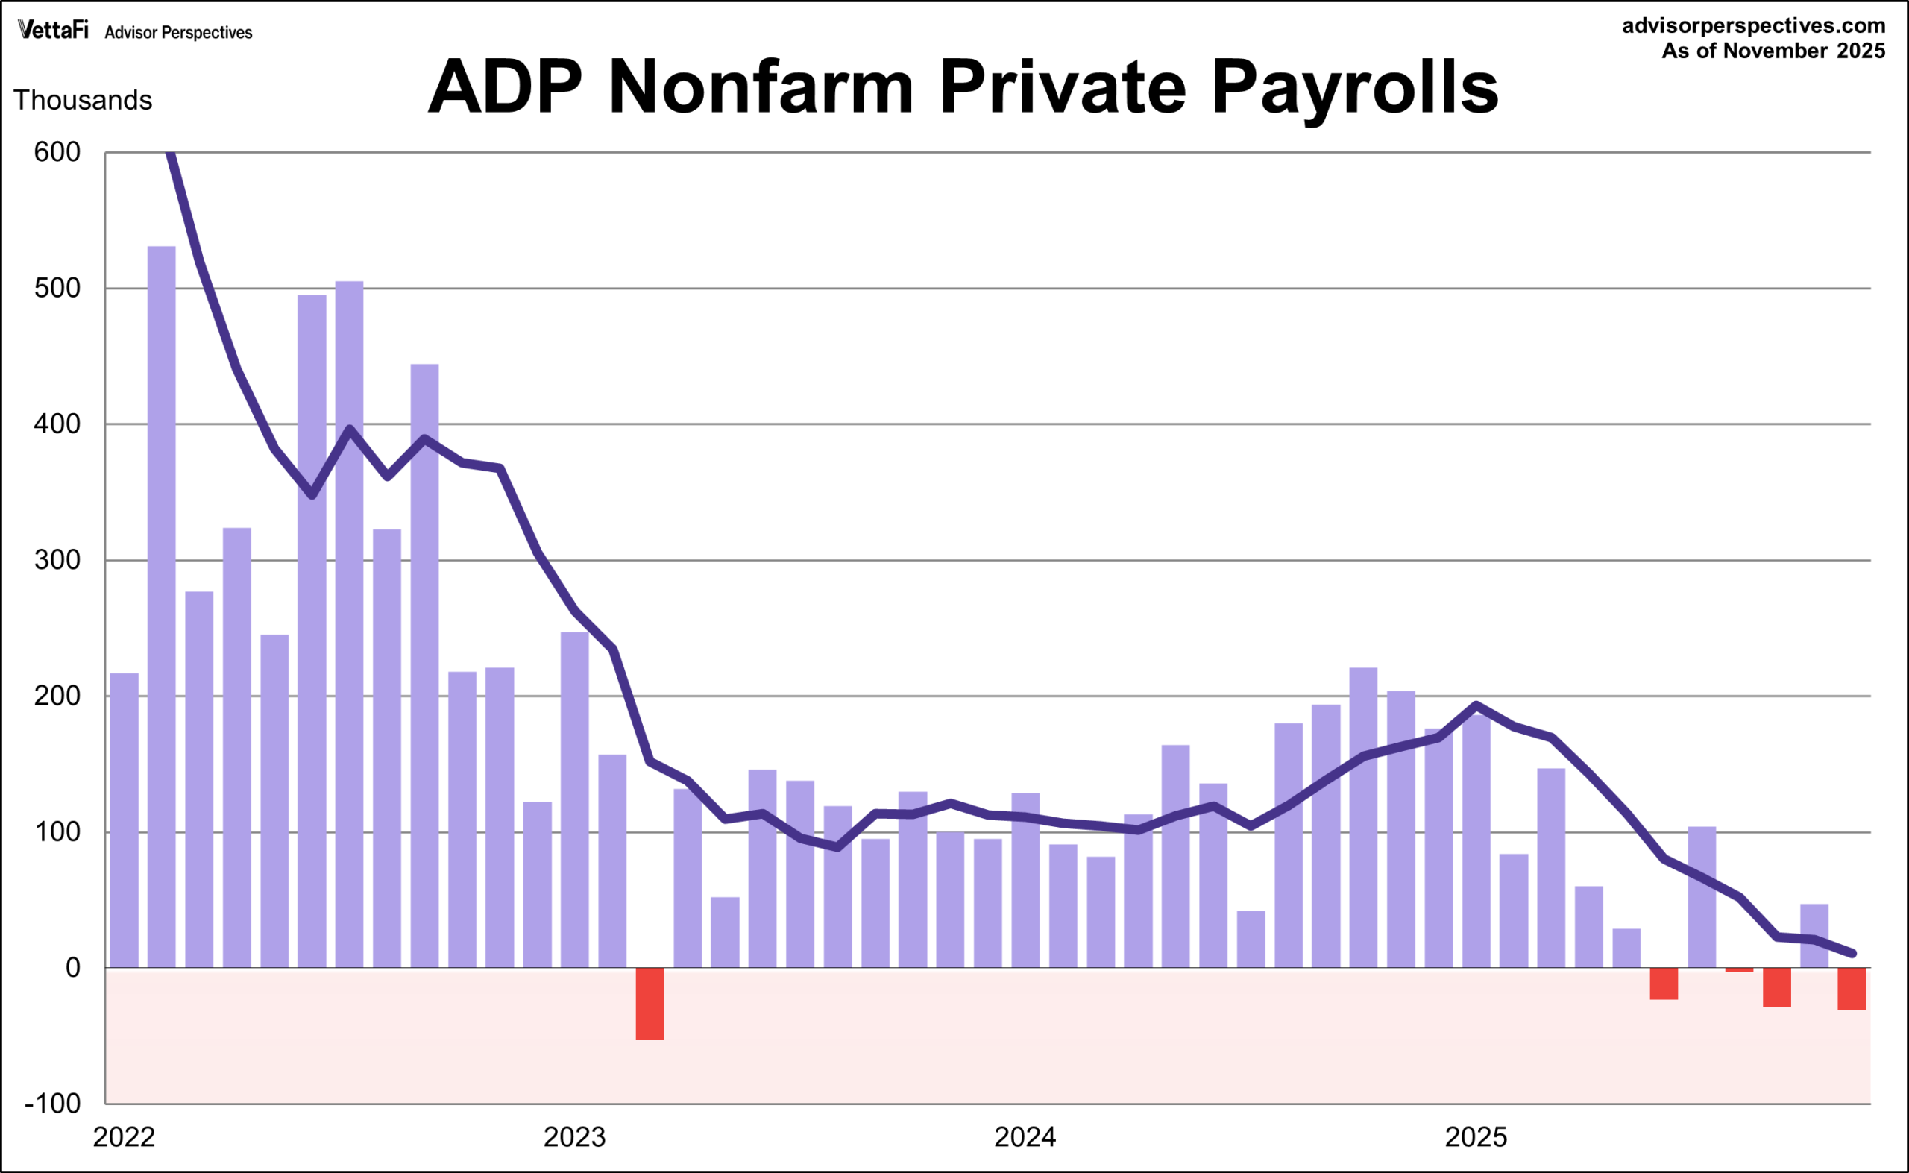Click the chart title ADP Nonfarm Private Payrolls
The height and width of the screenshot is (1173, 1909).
pyautogui.click(x=963, y=87)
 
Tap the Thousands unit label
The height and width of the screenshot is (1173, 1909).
pyautogui.click(x=83, y=100)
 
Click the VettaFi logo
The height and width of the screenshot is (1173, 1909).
pyautogui.click(x=53, y=31)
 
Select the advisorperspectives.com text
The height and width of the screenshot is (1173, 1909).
pyautogui.click(x=1753, y=25)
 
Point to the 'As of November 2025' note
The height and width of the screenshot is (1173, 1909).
pyautogui.click(x=1773, y=51)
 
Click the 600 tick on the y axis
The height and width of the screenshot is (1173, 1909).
pyautogui.click(x=57, y=152)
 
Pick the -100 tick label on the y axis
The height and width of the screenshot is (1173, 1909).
pyautogui.click(x=53, y=1103)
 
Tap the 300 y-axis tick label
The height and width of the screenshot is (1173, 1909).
pyautogui.click(x=57, y=560)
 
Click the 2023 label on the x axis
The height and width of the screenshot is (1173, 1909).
pyautogui.click(x=574, y=1137)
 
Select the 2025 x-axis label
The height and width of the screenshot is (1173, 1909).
pyautogui.click(x=1476, y=1137)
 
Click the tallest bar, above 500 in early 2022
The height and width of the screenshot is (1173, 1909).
pyautogui.click(x=161, y=605)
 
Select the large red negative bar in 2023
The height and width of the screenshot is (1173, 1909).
pyautogui.click(x=650, y=1003)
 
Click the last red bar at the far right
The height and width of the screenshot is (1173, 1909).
pyautogui.click(x=1851, y=988)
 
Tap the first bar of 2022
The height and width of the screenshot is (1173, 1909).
pyautogui.click(x=124, y=820)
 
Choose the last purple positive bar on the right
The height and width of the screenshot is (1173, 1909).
pyautogui.click(x=1814, y=936)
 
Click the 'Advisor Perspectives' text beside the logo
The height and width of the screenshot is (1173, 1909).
pyautogui.click(x=178, y=33)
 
